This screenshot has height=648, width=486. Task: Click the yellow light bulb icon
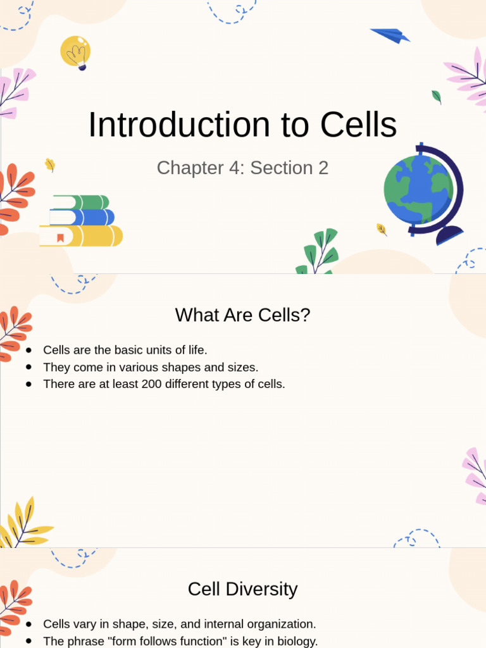(75, 51)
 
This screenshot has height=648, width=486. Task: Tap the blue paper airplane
(390, 35)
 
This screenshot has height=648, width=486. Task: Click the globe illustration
(418, 190)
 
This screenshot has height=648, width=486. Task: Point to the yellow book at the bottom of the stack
(82, 236)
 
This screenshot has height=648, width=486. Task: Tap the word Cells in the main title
(358, 125)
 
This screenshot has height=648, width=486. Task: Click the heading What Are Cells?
(242, 315)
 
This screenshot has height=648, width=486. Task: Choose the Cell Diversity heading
(242, 589)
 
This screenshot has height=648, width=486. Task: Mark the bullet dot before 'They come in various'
(29, 367)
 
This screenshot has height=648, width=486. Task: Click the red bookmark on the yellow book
(60, 238)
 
